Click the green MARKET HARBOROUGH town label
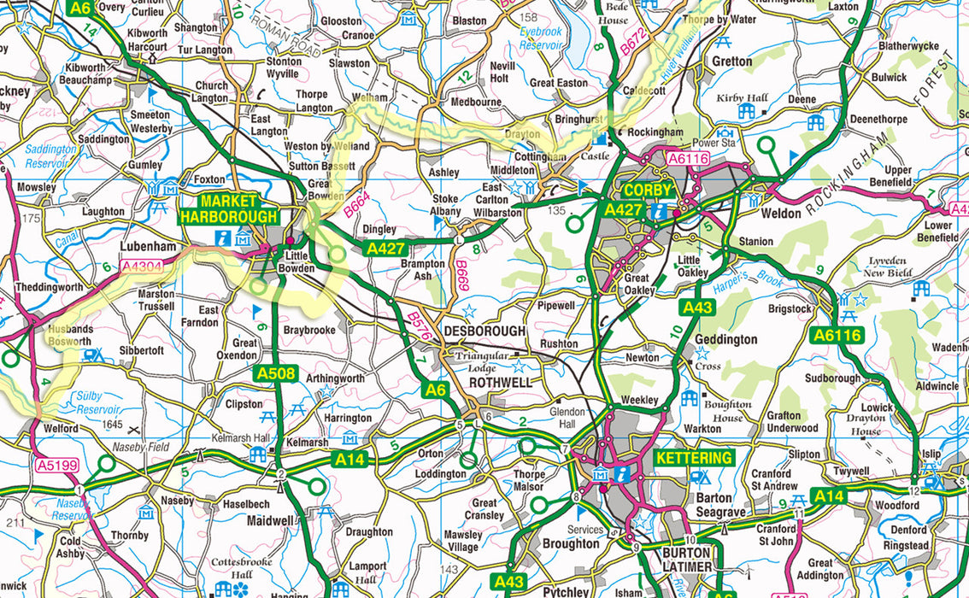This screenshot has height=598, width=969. point(228,209)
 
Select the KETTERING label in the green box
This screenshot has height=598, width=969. point(695,458)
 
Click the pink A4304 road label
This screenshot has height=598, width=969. point(141,267)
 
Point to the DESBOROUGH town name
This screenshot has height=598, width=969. point(484,331)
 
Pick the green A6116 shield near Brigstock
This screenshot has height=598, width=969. point(837,336)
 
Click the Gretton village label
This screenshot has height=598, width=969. point(732,62)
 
